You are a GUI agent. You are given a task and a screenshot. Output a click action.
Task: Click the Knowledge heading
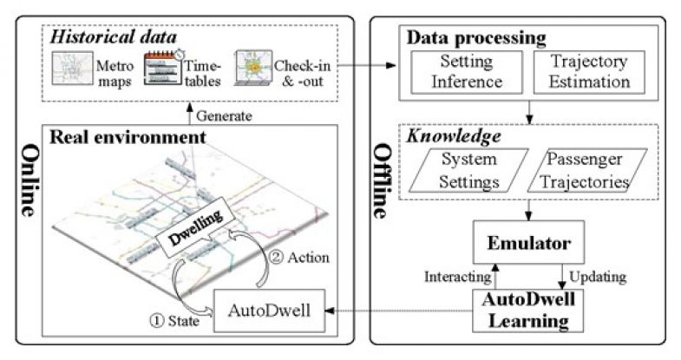(443, 136)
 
